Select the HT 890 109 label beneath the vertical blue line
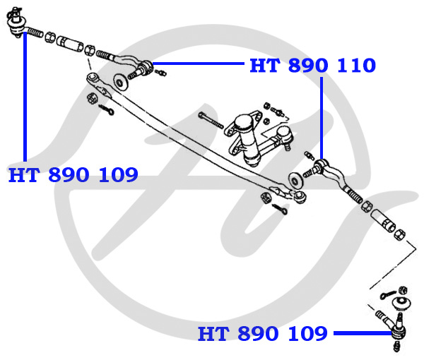tap(73, 175)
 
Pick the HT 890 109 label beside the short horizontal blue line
tap(263, 333)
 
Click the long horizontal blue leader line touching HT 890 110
tap(199, 64)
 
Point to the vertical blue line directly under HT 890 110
tap(322, 118)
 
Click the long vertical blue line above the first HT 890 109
tap(25, 97)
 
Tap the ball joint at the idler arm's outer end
tap(285, 136)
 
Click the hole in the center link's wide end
tap(93, 77)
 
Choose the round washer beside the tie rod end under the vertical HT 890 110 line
tap(296, 180)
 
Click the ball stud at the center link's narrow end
tap(300, 196)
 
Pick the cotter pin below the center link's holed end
tap(106, 109)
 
